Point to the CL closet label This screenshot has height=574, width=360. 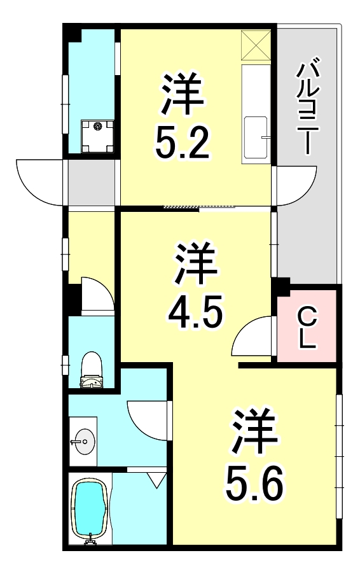[307, 326]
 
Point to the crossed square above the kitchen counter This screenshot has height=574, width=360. [256, 45]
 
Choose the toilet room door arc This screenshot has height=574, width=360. [97, 294]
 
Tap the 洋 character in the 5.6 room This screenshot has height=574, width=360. [254, 432]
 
